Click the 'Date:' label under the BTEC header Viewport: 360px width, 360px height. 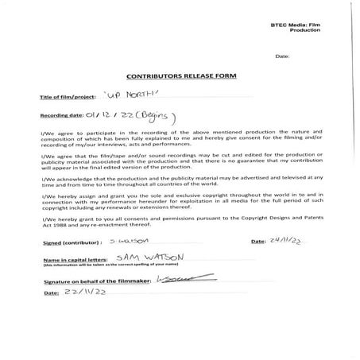click(282, 57)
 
